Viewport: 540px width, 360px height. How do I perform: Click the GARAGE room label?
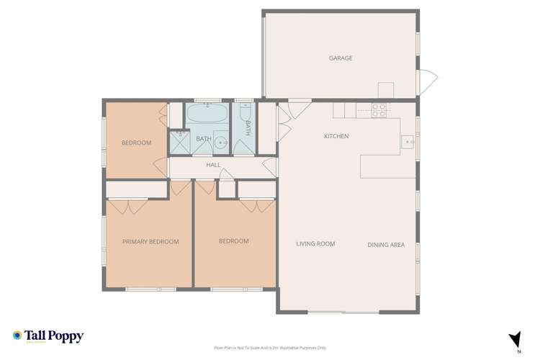341,58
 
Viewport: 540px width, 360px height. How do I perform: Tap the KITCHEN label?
336,136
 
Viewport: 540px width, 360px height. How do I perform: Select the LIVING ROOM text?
315,244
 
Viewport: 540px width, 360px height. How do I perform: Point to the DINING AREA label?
386,245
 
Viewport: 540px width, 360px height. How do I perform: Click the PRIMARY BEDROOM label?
150,242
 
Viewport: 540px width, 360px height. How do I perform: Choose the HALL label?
213,165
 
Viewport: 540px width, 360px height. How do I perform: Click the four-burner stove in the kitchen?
379,110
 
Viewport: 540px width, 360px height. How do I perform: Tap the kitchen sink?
408,143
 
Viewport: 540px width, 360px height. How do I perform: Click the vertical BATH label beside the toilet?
248,128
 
